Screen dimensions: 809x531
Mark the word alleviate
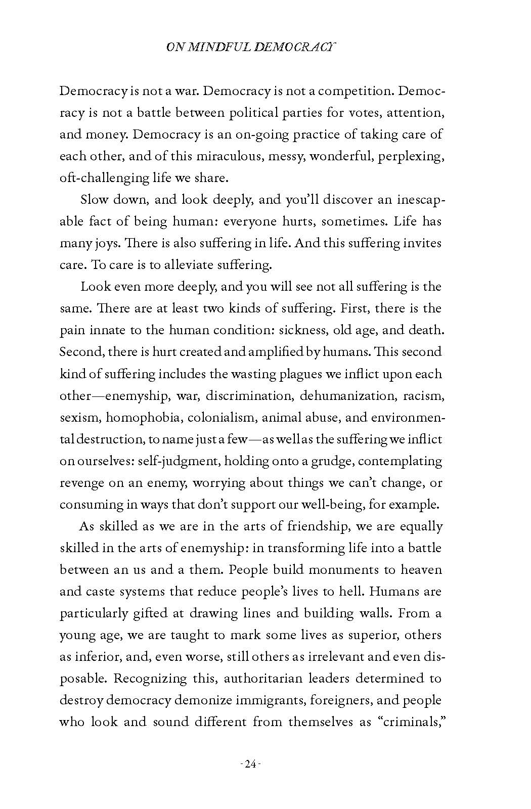pyautogui.click(x=187, y=265)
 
